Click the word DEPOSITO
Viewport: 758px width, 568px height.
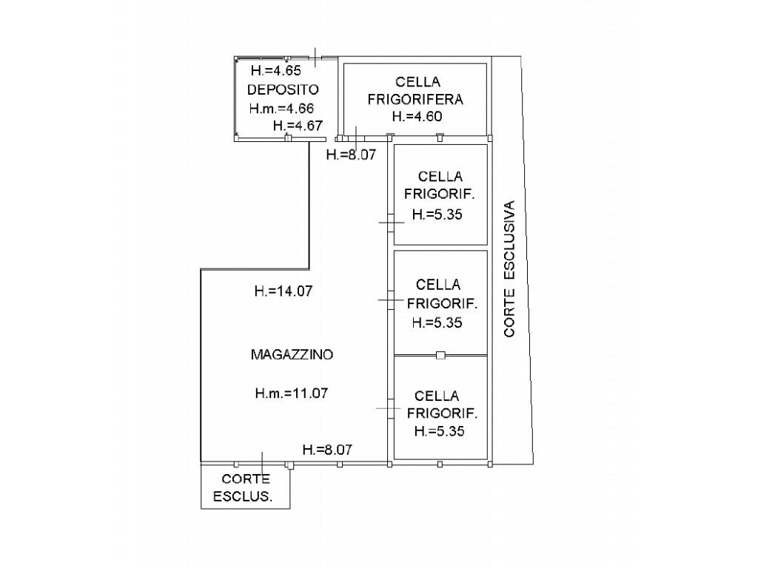[x=283, y=89]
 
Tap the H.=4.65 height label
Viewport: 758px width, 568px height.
[x=276, y=70]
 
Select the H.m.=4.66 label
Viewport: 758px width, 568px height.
[x=282, y=108]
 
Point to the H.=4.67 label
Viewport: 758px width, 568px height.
[x=298, y=126]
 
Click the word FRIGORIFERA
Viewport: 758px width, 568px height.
[x=415, y=100]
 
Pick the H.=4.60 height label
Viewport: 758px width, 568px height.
[x=417, y=116]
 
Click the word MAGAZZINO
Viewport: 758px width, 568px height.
[x=292, y=354]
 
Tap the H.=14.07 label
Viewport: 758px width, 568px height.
[x=284, y=291]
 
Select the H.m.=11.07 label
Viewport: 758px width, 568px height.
[x=292, y=393]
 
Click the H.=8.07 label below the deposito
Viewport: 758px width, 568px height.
[x=351, y=155]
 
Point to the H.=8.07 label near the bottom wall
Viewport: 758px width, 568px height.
[x=327, y=450]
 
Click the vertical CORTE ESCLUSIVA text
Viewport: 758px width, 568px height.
[x=509, y=268]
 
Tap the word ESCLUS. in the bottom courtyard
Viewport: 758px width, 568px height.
[x=243, y=496]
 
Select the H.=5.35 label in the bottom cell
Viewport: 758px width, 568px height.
[x=440, y=431]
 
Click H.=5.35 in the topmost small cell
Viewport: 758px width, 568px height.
[x=437, y=214]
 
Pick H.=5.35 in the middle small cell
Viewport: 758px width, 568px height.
[x=437, y=322]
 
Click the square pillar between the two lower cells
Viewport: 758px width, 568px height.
[x=440, y=356]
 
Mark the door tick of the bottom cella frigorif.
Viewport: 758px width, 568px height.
[x=389, y=408]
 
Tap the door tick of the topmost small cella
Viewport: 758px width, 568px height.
[x=391, y=223]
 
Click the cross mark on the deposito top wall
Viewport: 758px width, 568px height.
[x=315, y=58]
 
